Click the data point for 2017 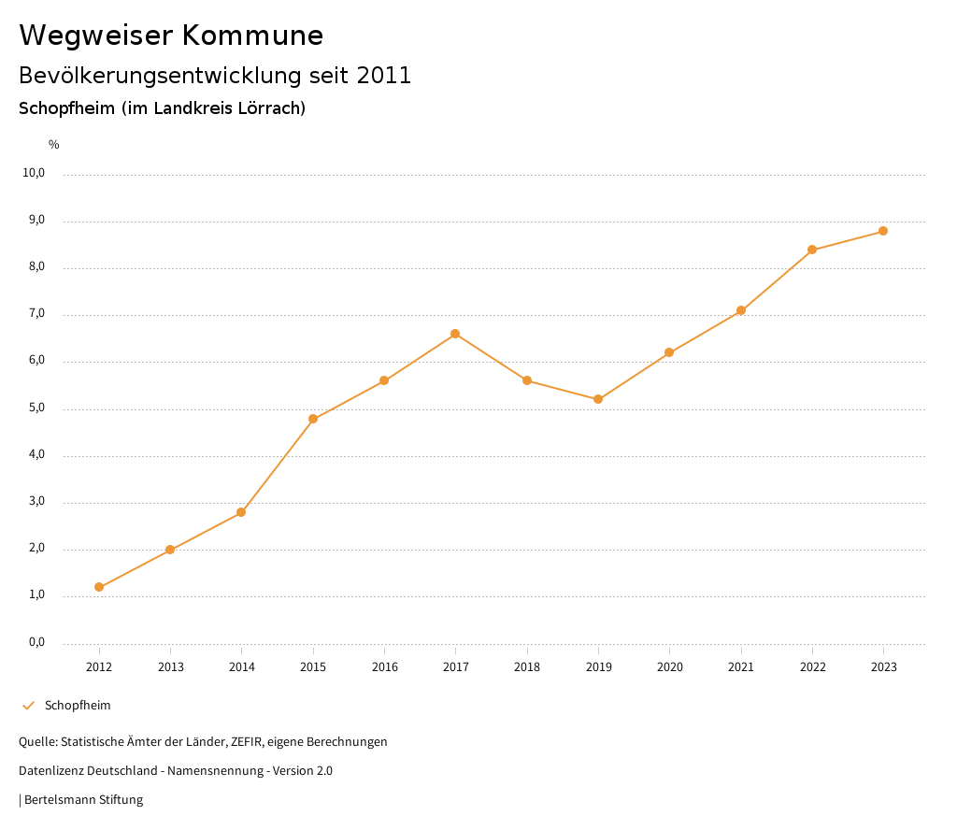click(455, 334)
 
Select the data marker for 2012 click(99, 587)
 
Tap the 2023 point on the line click(883, 231)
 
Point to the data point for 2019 click(598, 399)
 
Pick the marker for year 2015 click(313, 419)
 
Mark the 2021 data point click(741, 310)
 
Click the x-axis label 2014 click(242, 667)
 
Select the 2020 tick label click(669, 667)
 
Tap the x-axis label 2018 click(527, 667)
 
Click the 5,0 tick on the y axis click(36, 408)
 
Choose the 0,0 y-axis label click(36, 642)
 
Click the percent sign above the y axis click(54, 145)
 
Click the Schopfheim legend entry click(78, 706)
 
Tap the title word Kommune click(252, 36)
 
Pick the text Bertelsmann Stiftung click(83, 800)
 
